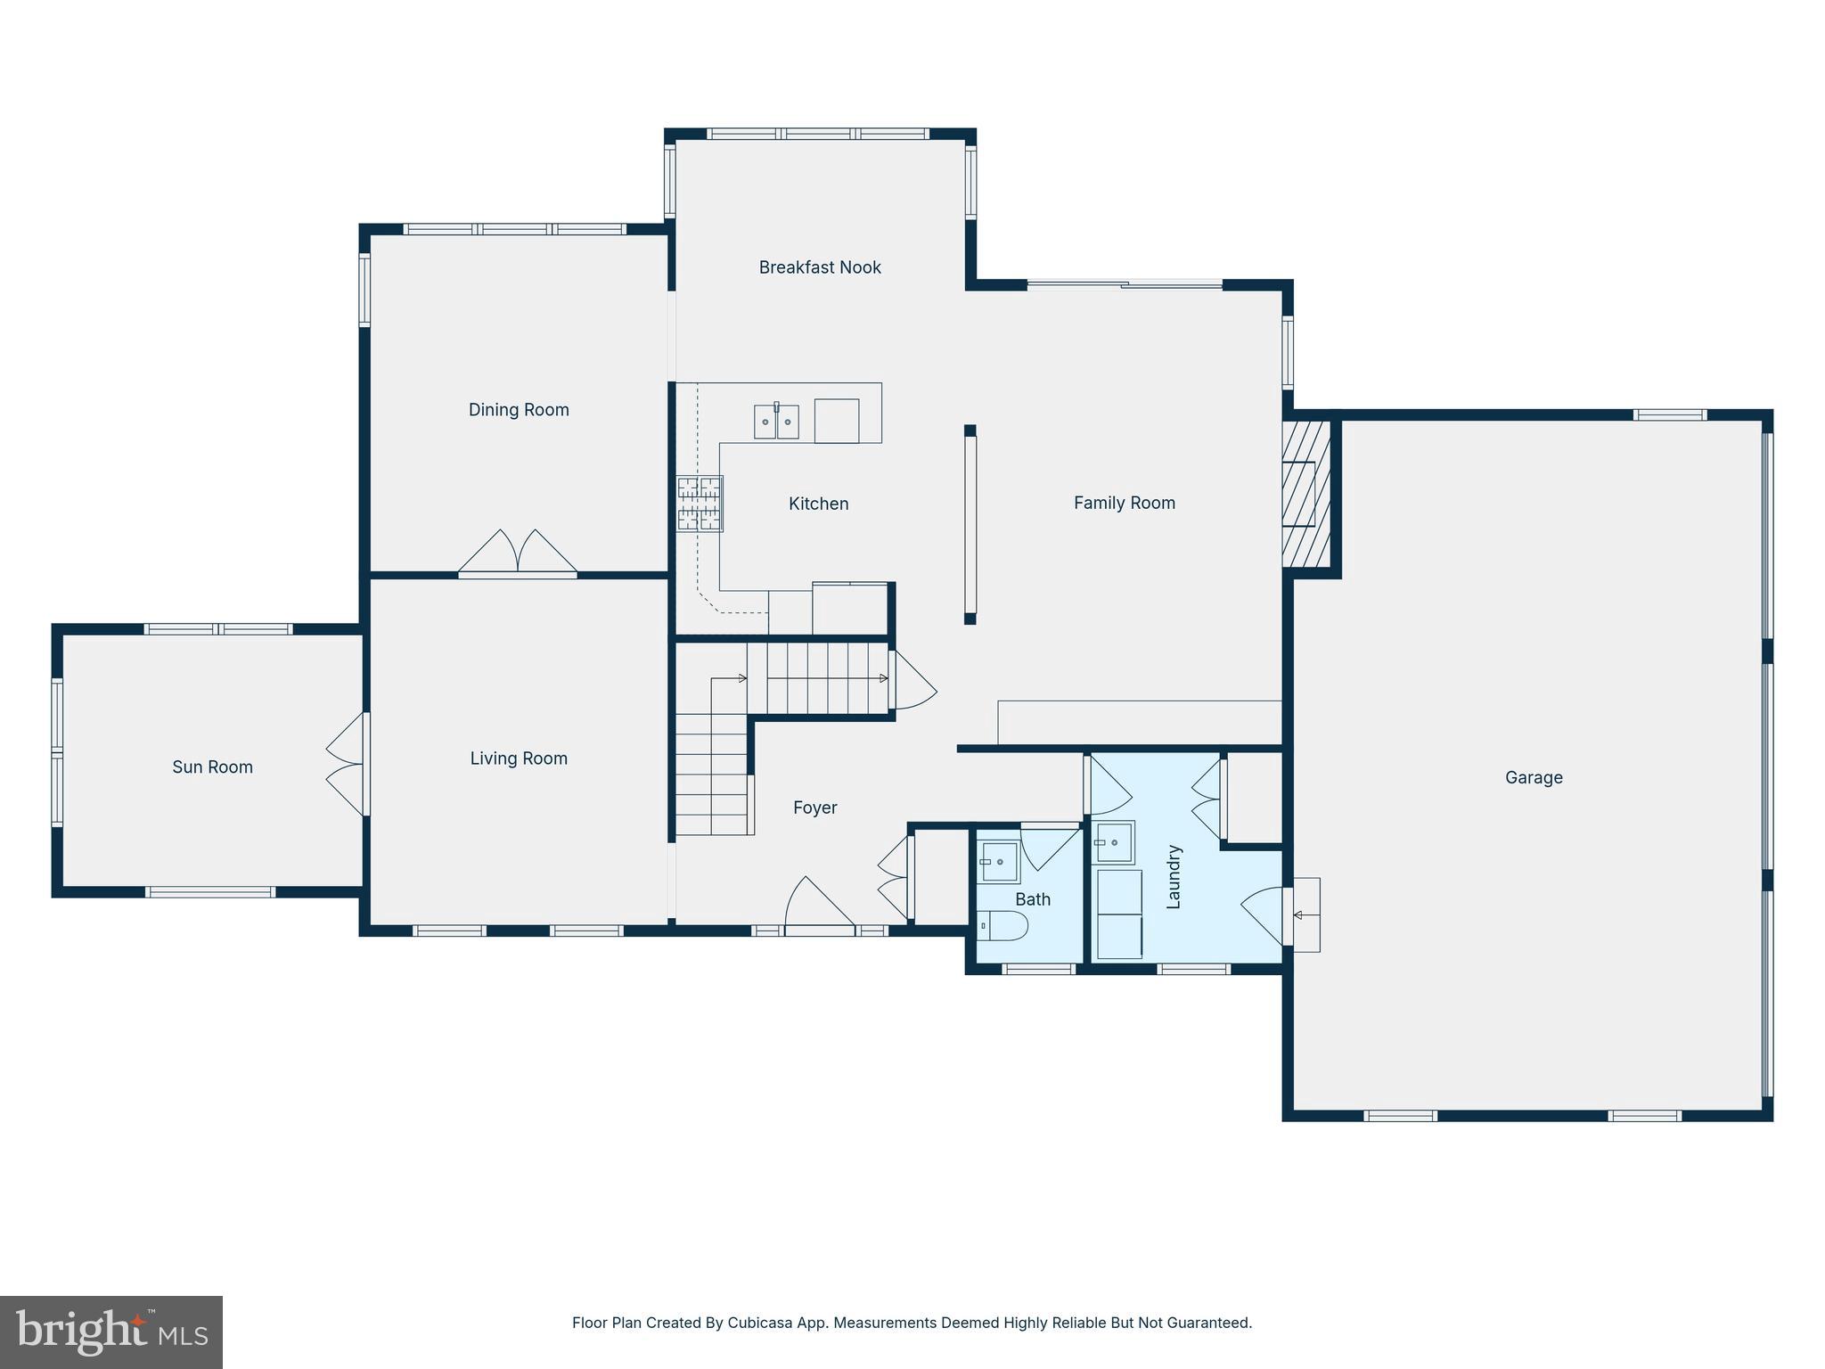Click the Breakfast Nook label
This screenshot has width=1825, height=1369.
click(820, 267)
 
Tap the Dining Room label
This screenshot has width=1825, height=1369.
click(519, 410)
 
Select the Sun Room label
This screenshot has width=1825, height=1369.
click(212, 767)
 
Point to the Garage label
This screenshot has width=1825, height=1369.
click(1534, 777)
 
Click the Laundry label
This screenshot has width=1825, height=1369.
click(1174, 877)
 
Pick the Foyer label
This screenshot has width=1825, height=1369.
click(814, 807)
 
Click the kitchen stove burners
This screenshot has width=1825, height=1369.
click(700, 504)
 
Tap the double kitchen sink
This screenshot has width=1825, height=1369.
click(776, 422)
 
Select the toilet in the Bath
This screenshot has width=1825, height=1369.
click(1003, 926)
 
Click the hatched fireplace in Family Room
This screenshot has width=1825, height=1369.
click(1305, 494)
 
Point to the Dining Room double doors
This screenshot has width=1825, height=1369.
click(518, 553)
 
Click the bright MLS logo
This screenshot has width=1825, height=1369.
click(111, 1332)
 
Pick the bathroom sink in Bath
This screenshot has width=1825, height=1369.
click(999, 862)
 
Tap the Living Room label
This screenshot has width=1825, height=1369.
click(519, 758)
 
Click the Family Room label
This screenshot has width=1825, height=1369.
click(1124, 503)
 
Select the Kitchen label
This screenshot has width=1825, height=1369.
click(818, 504)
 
